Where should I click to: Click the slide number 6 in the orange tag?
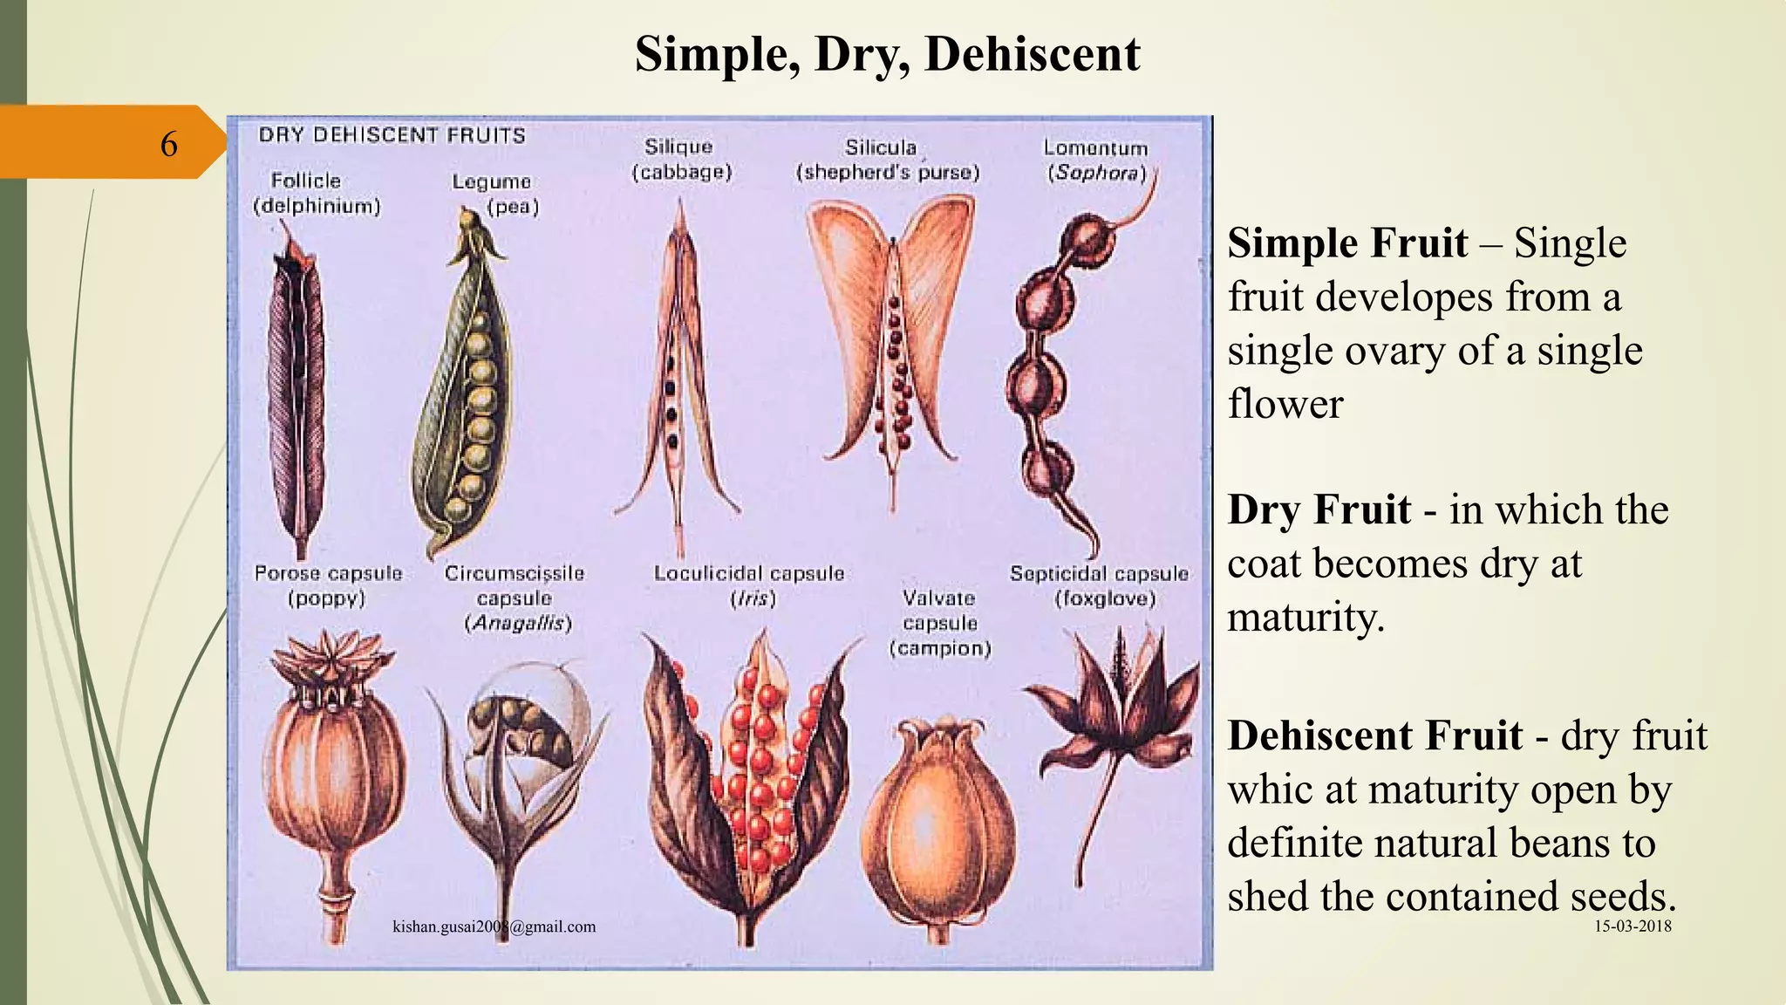(x=168, y=143)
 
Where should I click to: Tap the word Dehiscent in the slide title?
(x=1032, y=54)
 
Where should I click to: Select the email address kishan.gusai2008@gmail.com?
(x=494, y=926)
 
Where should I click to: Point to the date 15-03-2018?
(x=1633, y=926)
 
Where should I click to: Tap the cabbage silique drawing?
(x=678, y=366)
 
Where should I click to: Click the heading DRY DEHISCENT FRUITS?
(x=392, y=135)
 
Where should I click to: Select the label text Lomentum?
(x=1095, y=148)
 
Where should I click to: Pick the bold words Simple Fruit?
(x=1347, y=243)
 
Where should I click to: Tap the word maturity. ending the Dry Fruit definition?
(x=1305, y=618)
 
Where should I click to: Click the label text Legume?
(x=491, y=181)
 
